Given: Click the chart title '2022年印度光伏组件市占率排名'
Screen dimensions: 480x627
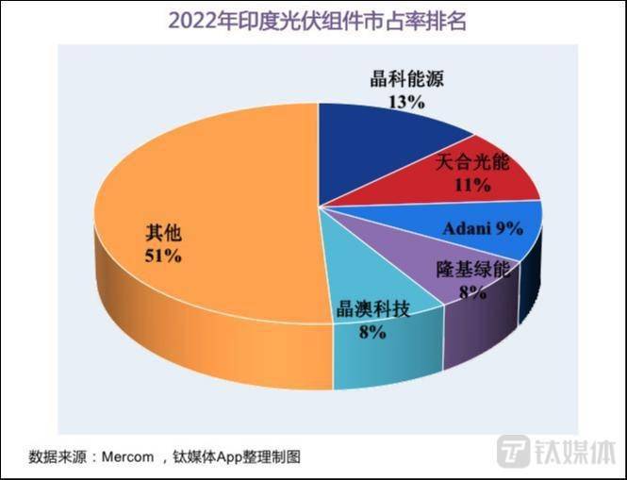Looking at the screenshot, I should pyautogui.click(x=313, y=19).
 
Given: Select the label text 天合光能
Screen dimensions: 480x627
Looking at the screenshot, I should pyautogui.click(x=471, y=163).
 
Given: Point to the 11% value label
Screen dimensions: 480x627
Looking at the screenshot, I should pyautogui.click(x=472, y=185).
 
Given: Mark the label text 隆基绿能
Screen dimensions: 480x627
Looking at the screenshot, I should pyautogui.click(x=472, y=271).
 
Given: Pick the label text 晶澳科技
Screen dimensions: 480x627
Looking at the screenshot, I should pyautogui.click(x=373, y=309).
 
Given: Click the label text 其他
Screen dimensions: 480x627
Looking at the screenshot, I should pyautogui.click(x=161, y=232).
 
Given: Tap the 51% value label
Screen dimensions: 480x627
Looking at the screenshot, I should pyautogui.click(x=161, y=256).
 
